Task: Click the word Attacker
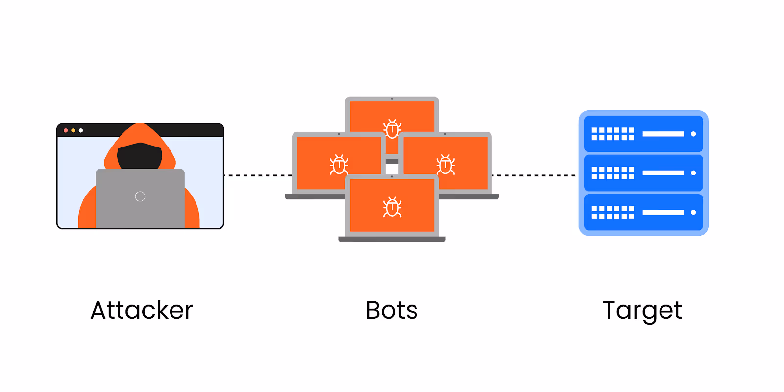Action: pyautogui.click(x=142, y=310)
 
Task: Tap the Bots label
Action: pyautogui.click(x=392, y=310)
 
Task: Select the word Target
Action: pyautogui.click(x=642, y=310)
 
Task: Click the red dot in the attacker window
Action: pyautogui.click(x=66, y=130)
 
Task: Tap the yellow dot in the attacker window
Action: pyautogui.click(x=73, y=130)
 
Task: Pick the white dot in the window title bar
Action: pyautogui.click(x=81, y=130)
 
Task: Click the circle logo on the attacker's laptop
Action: pyautogui.click(x=140, y=196)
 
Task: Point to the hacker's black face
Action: pyautogui.click(x=140, y=156)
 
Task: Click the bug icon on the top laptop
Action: pyautogui.click(x=392, y=128)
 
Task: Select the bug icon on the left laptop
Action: pyautogui.click(x=339, y=165)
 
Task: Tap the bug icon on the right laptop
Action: pyautogui.click(x=445, y=165)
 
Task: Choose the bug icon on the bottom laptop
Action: pyautogui.click(x=392, y=207)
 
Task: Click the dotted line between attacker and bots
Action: pyautogui.click(x=258, y=175)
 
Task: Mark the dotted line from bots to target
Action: pyautogui.click(x=534, y=175)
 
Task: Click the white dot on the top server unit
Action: pyautogui.click(x=693, y=134)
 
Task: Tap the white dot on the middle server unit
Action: pyautogui.click(x=693, y=173)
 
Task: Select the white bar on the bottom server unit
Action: pyautogui.click(x=663, y=212)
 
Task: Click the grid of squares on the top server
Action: pyautogui.click(x=612, y=134)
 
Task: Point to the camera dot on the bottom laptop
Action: pyautogui.click(x=392, y=176)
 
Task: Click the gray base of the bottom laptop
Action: pyautogui.click(x=392, y=239)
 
